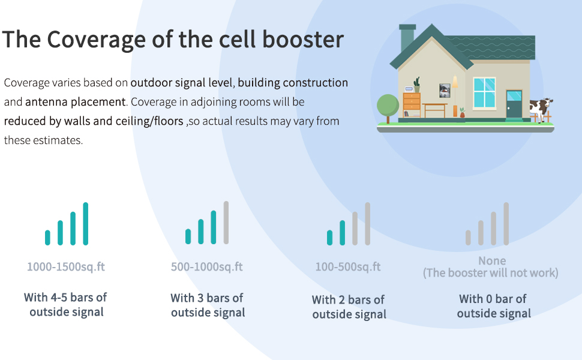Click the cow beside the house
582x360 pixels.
coord(541,110)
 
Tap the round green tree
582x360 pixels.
coord(388,106)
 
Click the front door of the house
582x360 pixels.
coord(514,104)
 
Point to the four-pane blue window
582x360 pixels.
coord(484,92)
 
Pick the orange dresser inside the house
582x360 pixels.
coord(412,104)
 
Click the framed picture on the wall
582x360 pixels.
coord(445,90)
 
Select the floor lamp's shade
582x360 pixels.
coord(455,82)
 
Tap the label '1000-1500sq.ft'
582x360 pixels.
coord(66,267)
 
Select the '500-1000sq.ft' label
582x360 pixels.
coord(207,267)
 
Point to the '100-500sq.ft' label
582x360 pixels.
coord(348,267)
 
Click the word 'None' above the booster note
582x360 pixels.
coord(492,261)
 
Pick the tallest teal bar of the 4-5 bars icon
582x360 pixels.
coord(86,223)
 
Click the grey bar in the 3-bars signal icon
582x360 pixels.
coord(226,222)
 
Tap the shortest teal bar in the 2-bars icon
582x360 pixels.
coord(329,238)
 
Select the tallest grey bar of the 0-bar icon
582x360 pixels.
coord(506,223)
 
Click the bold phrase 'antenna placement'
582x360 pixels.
coord(75,102)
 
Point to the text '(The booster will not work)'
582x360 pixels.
coord(491,273)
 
